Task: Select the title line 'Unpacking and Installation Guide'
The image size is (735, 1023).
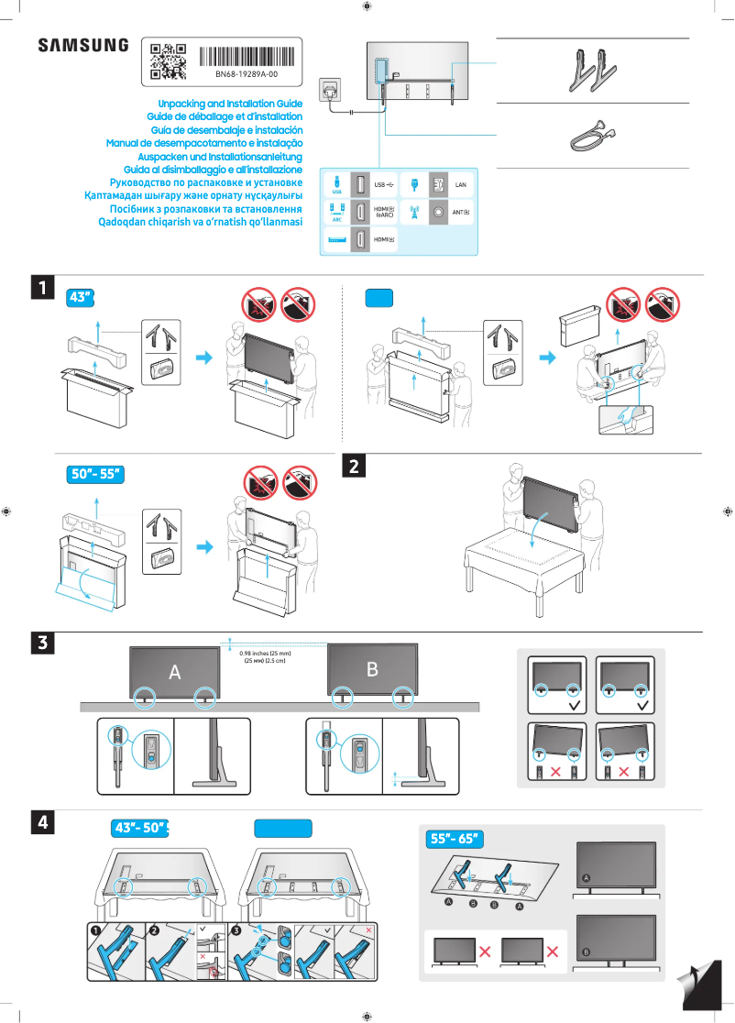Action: point(230,104)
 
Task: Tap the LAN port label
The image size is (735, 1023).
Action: point(461,185)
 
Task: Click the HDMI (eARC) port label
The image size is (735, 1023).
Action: point(385,212)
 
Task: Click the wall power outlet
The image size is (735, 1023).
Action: point(331,90)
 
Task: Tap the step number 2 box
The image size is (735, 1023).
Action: point(354,467)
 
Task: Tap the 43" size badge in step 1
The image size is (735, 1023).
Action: point(82,297)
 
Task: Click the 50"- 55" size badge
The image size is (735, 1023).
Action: point(96,474)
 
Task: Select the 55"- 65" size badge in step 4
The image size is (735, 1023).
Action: point(454,838)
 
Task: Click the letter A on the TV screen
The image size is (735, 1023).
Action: point(174,672)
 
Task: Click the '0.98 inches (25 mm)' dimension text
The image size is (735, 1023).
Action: point(265,653)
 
